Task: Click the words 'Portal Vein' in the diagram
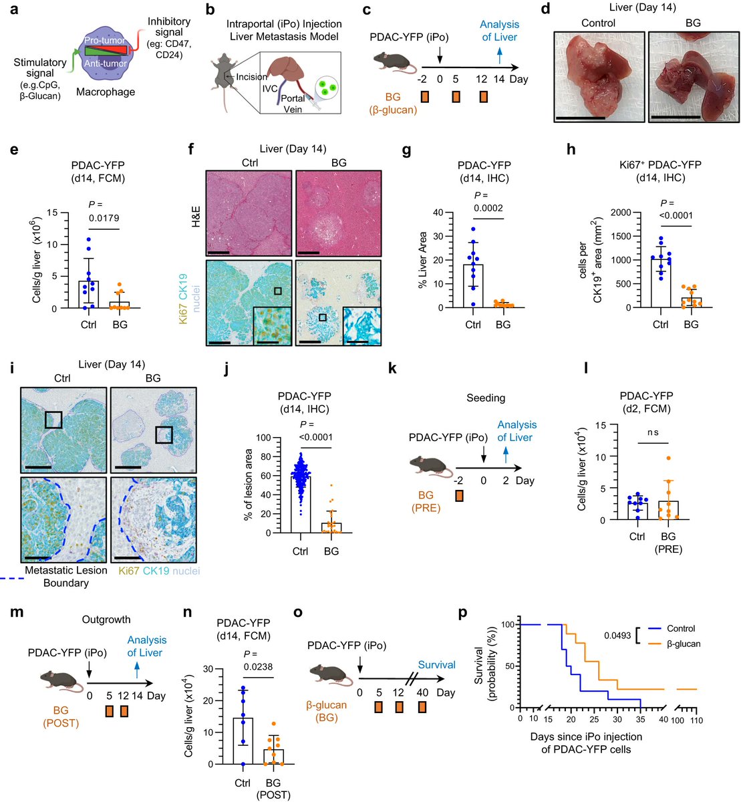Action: tap(293, 104)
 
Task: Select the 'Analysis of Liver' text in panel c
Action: tap(499, 31)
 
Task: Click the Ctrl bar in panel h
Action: tap(660, 283)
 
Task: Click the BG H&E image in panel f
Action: tap(337, 213)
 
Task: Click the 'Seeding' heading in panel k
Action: tap(486, 398)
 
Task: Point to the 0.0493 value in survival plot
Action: tap(616, 636)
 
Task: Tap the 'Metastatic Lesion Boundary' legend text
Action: tap(65, 577)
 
